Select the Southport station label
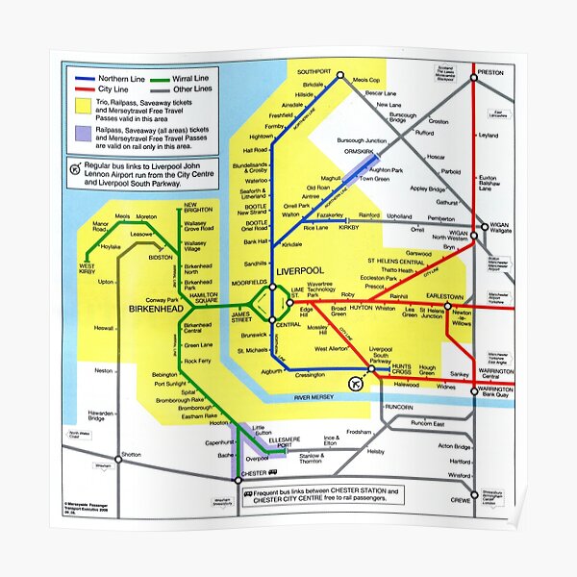tap(314, 72)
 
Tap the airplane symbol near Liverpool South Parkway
tap(357, 385)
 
